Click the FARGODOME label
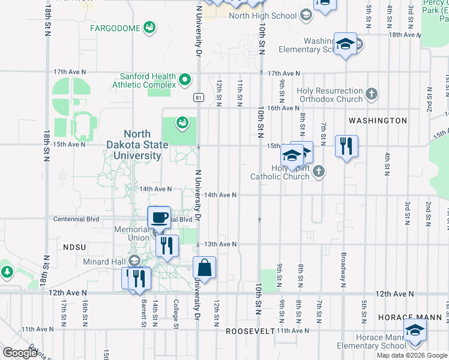(115, 28)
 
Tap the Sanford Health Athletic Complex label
(148, 80)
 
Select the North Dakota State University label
(142, 145)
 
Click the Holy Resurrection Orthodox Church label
(330, 95)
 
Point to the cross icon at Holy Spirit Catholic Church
(319, 172)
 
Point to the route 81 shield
(197, 97)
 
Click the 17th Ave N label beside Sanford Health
(68, 72)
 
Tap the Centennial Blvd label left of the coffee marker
(76, 220)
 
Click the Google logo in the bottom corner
(20, 353)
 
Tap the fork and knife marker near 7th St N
(346, 146)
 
